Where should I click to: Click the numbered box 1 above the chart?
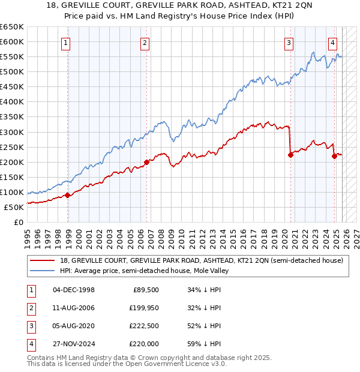pos(65,43)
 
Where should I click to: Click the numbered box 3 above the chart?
pos(289,43)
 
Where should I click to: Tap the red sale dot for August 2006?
pos(146,161)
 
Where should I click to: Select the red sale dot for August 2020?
pos(290,155)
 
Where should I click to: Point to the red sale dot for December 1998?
pos(67,195)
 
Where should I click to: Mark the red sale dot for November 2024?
pos(334,156)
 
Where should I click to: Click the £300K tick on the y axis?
pos(13,132)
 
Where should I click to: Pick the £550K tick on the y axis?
pos(13,56)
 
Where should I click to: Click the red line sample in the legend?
pos(43,260)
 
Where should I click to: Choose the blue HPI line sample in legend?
pos(43,271)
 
